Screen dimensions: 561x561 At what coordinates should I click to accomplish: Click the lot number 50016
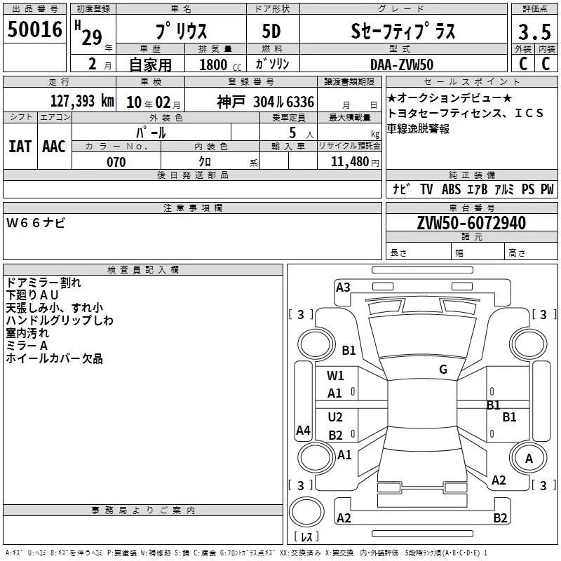point(34,29)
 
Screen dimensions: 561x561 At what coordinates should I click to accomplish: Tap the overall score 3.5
point(534,32)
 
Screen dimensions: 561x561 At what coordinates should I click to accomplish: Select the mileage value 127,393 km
point(82,101)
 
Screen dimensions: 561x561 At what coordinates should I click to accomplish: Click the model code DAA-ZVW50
point(402,65)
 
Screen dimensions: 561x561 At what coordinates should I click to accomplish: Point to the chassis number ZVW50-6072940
point(471,223)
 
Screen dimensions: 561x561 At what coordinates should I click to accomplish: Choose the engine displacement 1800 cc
point(220,65)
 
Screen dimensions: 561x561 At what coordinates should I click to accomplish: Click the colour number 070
point(116,162)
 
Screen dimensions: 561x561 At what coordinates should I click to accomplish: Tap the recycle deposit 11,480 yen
point(355,162)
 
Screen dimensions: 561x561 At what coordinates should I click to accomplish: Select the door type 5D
point(271,32)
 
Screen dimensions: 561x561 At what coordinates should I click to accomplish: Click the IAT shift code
point(20,147)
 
